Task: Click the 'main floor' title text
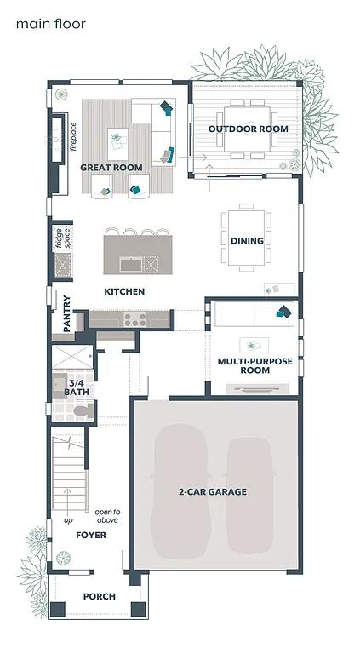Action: coord(50,24)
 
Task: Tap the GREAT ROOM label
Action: coord(111,168)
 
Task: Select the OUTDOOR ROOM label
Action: coord(249,129)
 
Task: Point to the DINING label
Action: coord(248,241)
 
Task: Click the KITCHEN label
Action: coord(124,292)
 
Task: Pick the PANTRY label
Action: coord(67,313)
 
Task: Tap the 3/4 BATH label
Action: coord(76,388)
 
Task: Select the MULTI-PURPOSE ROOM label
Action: coord(255,366)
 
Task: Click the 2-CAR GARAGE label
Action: coord(213,492)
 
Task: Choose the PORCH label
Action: coord(99,597)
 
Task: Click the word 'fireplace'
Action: coord(74,136)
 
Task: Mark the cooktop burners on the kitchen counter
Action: coord(134,320)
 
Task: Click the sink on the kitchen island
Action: coord(130,265)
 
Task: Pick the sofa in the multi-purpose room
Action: coord(254,315)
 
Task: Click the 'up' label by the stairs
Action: coord(67,519)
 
